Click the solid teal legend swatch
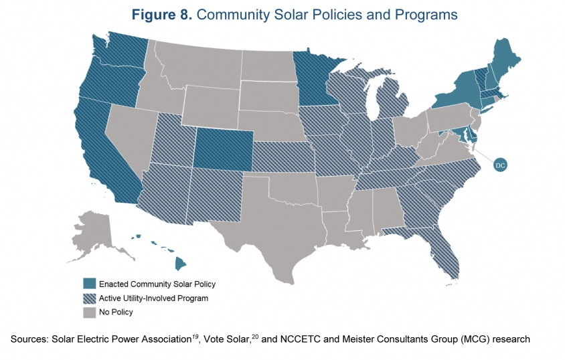tap(89, 284)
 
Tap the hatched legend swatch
tap(89, 298)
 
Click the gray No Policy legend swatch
tap(89, 312)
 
